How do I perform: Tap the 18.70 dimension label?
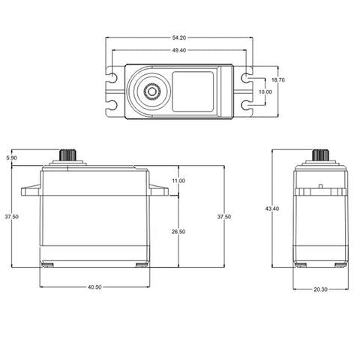[x=277, y=79]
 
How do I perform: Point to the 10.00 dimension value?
[x=265, y=91]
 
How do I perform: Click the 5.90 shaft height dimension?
[x=11, y=158]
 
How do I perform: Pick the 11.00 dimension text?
[x=178, y=181]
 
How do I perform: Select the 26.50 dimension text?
[x=178, y=232]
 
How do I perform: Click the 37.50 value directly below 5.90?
[x=11, y=216]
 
